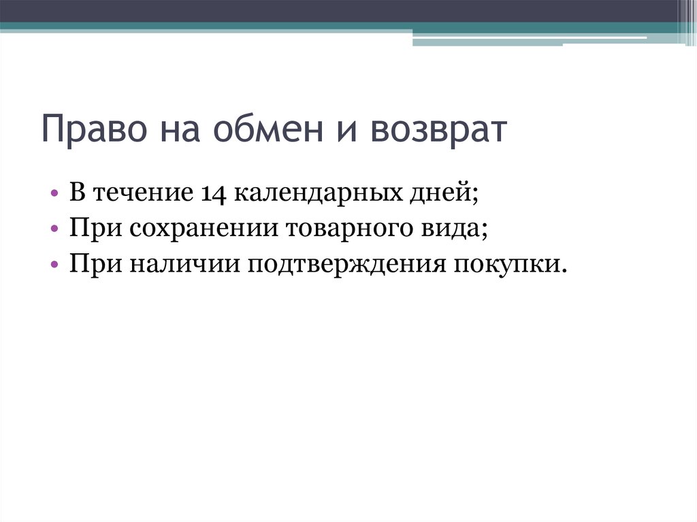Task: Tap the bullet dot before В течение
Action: (54, 193)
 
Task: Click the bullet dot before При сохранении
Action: (54, 229)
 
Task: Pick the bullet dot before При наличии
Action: (54, 264)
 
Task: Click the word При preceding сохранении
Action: (85, 229)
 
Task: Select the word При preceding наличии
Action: (85, 264)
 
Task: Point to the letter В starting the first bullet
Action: (76, 193)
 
